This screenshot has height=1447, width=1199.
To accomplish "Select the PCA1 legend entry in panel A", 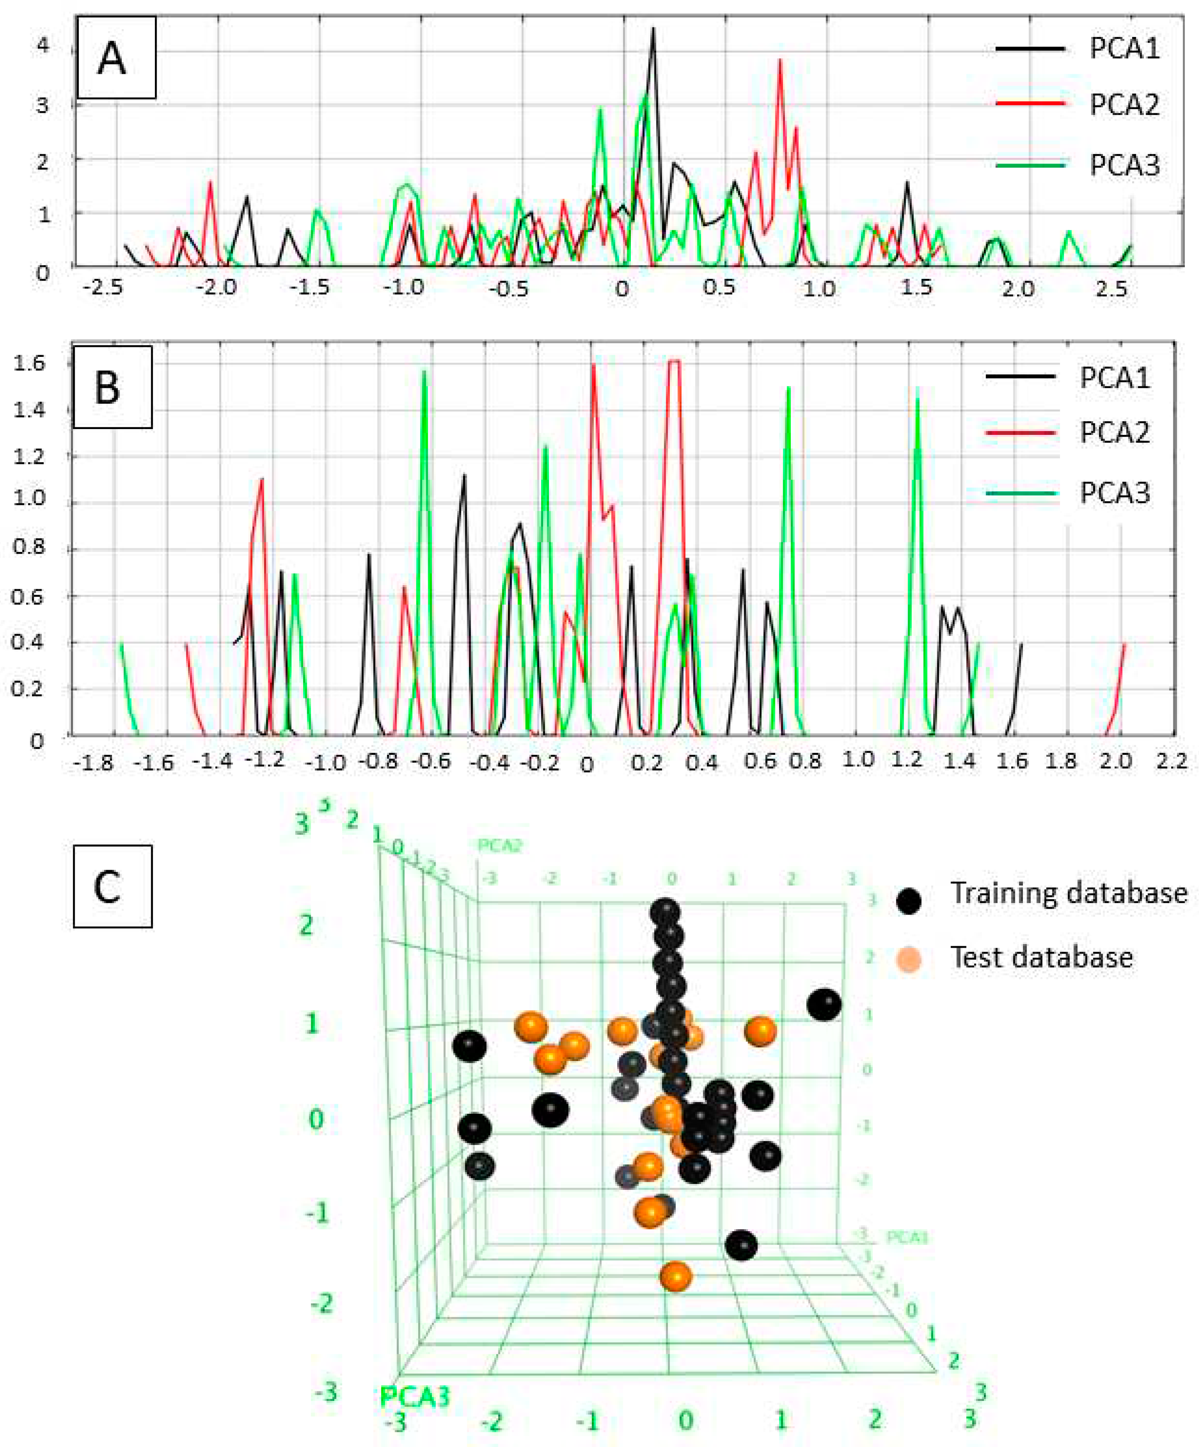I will point(1124,49).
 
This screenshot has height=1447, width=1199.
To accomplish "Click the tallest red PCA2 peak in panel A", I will point(780,61).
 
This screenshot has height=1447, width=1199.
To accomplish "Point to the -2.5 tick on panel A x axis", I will point(103,287).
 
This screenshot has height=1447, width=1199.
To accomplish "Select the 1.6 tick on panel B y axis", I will point(29,363).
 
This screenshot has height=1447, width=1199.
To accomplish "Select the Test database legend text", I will point(1041,957).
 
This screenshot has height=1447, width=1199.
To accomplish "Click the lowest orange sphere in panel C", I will point(676,1277).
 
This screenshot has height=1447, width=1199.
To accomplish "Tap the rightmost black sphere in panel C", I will point(824,1005).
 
